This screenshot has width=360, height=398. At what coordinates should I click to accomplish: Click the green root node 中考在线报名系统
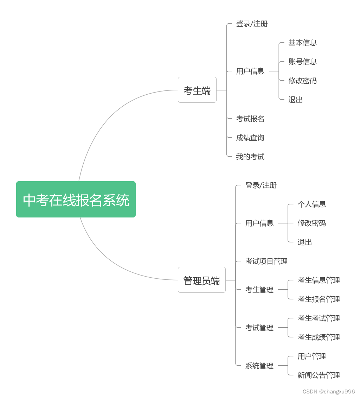click(76, 200)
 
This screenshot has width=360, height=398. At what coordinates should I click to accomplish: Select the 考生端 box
click(197, 90)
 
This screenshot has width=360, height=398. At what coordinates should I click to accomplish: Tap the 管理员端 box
click(201, 280)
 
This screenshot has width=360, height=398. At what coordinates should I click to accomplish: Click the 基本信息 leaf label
click(302, 43)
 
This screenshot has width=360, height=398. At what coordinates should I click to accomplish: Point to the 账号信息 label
click(302, 62)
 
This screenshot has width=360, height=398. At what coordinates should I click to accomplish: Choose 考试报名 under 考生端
click(250, 119)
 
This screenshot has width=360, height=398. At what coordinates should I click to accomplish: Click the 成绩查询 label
click(250, 138)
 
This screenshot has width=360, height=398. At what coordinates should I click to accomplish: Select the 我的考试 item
click(250, 157)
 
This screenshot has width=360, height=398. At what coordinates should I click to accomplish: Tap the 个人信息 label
click(311, 204)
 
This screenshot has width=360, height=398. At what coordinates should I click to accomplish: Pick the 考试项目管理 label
click(266, 261)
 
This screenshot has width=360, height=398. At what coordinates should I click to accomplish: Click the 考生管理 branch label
click(259, 290)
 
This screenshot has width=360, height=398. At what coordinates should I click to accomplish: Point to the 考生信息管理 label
click(319, 280)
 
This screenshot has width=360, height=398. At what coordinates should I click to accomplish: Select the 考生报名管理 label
click(319, 299)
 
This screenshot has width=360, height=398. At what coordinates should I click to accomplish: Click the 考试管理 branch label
click(259, 328)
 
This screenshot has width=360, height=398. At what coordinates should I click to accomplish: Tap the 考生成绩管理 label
click(319, 337)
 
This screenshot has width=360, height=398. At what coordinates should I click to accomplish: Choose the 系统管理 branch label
click(259, 366)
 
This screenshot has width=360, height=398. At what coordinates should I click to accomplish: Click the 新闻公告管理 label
click(319, 375)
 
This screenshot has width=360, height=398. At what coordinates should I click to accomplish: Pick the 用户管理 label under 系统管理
click(311, 356)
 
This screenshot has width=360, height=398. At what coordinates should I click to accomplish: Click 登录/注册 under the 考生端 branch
click(252, 24)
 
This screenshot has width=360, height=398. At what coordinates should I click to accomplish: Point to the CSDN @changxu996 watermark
click(328, 392)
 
